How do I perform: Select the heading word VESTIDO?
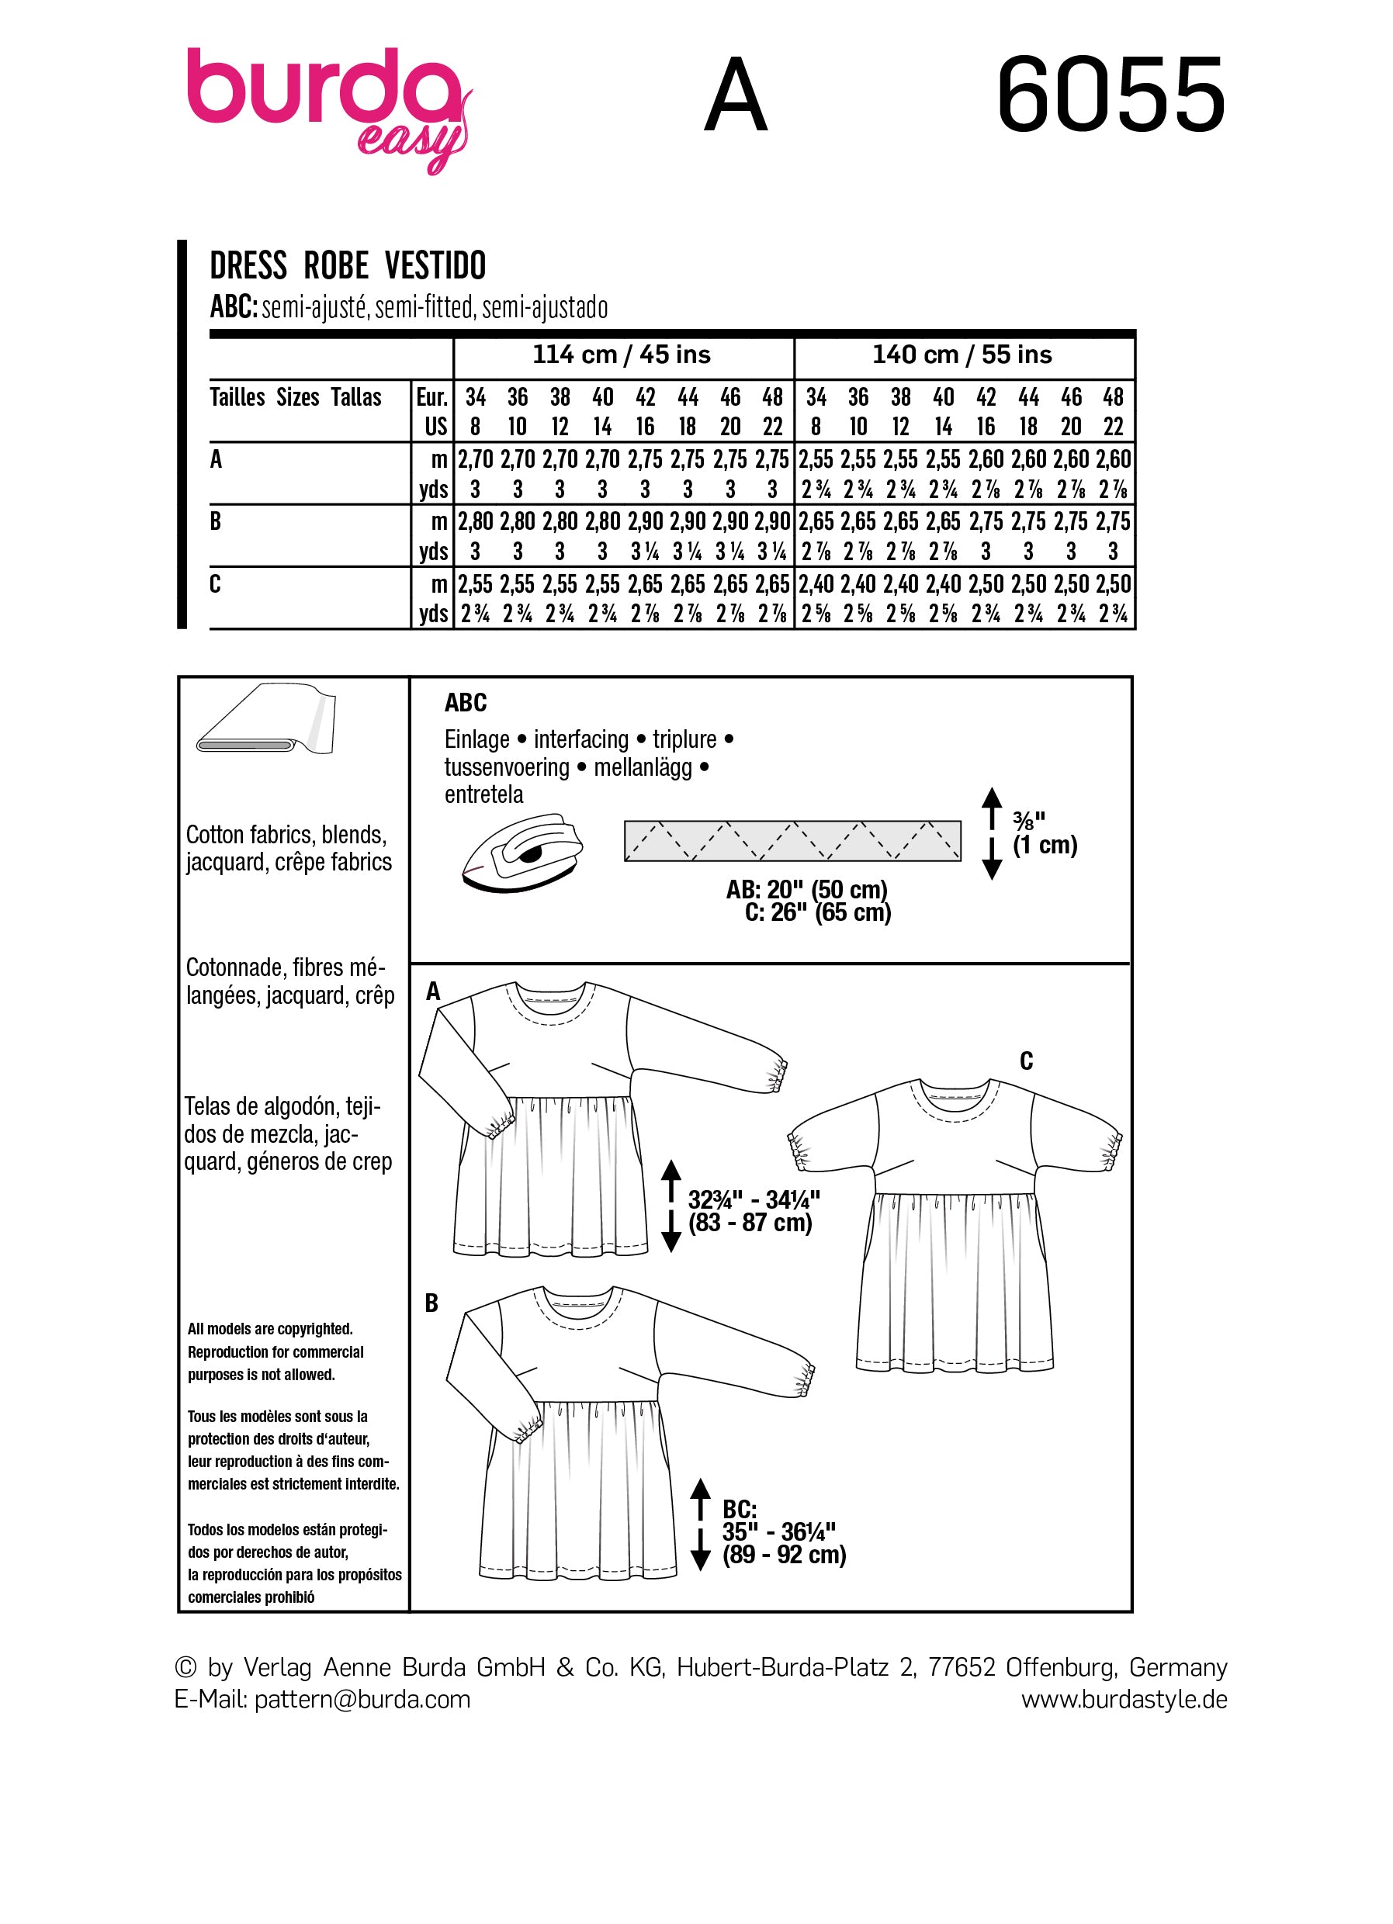435,266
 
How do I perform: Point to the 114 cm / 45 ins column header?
621,355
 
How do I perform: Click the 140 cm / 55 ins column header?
962,355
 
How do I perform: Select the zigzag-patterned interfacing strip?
792,841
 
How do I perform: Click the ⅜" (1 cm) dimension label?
1045,833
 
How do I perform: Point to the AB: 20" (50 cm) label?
806,889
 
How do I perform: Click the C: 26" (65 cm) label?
818,913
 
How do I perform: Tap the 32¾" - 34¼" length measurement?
754,1199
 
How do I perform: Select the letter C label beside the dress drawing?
1026,1061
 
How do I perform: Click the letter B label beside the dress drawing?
431,1303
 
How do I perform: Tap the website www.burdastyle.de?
1123,1699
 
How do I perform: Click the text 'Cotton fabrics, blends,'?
286,835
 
